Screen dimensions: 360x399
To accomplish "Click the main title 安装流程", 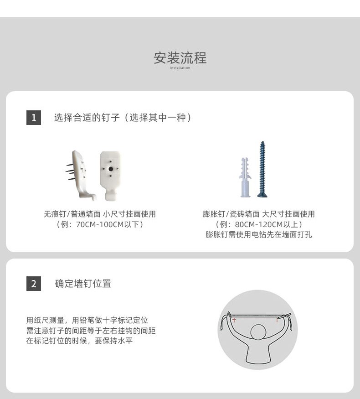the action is (x=180, y=58).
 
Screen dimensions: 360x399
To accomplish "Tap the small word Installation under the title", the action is (x=180, y=67).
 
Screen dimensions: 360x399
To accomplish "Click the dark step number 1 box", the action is (x=34, y=118).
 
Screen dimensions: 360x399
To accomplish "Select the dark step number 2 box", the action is (x=34, y=284).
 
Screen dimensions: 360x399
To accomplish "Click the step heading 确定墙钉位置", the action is (x=83, y=284).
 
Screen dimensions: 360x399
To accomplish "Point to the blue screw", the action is (x=262, y=169).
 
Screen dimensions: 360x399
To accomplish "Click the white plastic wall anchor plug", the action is (x=245, y=177).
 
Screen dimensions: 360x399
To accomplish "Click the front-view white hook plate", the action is (x=110, y=176).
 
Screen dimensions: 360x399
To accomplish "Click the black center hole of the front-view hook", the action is (x=111, y=169).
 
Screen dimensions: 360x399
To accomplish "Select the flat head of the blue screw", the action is (x=262, y=195).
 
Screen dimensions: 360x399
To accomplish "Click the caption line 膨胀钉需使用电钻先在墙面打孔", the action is (x=259, y=234).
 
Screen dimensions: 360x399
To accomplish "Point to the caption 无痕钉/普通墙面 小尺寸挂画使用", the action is (x=100, y=214).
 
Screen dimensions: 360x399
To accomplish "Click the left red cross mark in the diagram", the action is (x=234, y=320).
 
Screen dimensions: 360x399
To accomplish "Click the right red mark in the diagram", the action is (x=278, y=320).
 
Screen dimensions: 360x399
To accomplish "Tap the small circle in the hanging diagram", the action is (x=258, y=332).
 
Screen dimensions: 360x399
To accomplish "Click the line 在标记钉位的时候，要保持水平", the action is (x=79, y=341).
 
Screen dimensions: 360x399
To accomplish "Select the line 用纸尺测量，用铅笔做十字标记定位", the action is (x=87, y=320).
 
